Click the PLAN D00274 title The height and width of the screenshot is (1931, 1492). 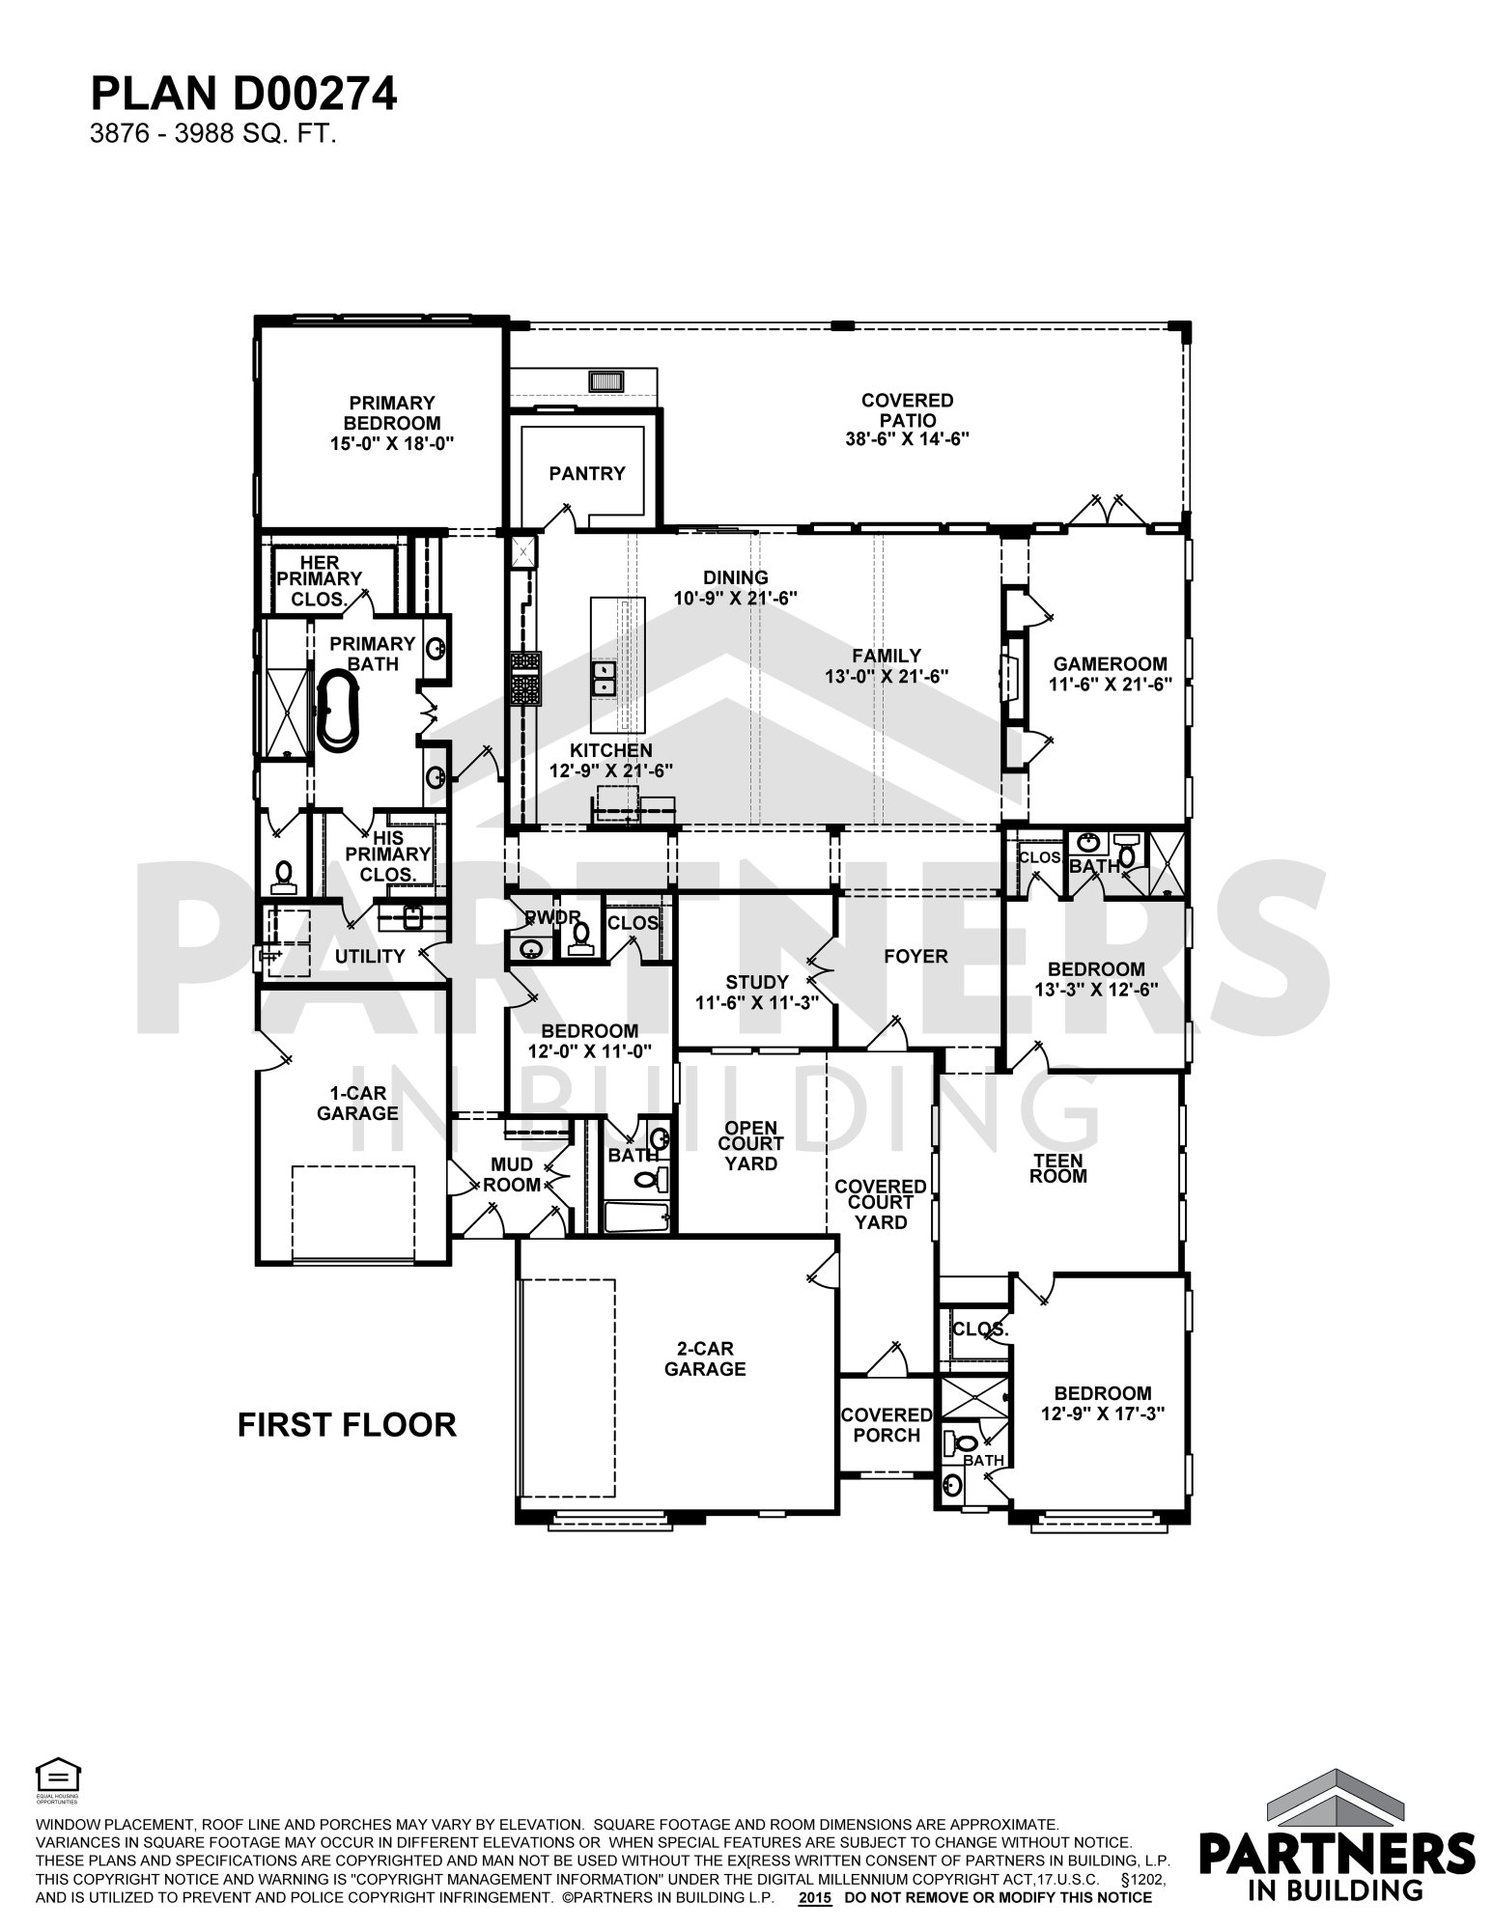[x=243, y=95]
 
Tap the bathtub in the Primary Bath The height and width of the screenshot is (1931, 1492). [x=338, y=712]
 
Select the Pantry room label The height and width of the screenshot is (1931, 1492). [x=587, y=473]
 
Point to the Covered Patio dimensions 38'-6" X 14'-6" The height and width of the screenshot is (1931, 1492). [x=907, y=438]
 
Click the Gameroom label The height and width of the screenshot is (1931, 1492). [x=1110, y=664]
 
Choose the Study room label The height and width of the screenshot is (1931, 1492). [x=757, y=983]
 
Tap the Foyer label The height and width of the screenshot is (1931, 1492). [x=915, y=956]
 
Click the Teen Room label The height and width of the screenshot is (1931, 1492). [x=1058, y=1168]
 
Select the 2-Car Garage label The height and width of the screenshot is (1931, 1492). [x=705, y=1358]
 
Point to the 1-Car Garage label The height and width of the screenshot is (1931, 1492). [x=357, y=1104]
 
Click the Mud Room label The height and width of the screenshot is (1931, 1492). [x=512, y=1175]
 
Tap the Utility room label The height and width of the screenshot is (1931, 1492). [x=370, y=956]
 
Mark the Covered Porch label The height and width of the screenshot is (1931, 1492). [x=887, y=1425]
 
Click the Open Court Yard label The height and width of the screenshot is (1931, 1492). [x=751, y=1145]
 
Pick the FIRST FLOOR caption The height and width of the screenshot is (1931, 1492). [x=347, y=1424]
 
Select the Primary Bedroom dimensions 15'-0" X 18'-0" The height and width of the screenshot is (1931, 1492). [x=392, y=443]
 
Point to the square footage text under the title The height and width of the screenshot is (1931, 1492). [x=212, y=134]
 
